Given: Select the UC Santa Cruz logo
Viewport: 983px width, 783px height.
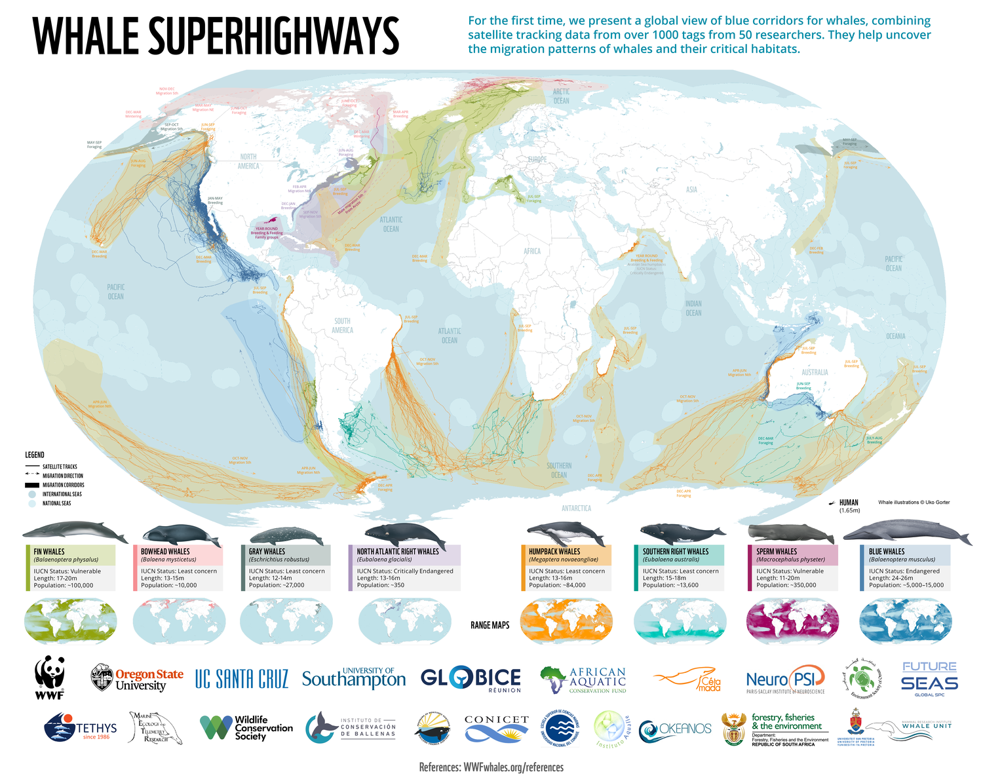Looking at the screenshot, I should (242, 679).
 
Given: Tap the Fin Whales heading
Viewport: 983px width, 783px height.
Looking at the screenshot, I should (50, 552).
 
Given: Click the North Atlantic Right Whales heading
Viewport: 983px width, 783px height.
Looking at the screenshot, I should (398, 552).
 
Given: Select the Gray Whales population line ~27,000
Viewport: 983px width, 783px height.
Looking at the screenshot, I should (277, 585).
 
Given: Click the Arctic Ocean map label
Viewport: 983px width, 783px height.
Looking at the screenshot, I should (561, 96).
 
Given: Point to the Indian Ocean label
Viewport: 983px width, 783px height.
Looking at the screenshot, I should (693, 308).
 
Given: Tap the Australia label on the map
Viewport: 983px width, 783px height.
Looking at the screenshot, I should (815, 372).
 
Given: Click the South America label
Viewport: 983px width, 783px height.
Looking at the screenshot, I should (342, 326).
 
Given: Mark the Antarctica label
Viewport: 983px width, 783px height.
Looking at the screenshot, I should (576, 508).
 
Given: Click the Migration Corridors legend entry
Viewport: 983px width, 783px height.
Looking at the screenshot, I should (63, 485).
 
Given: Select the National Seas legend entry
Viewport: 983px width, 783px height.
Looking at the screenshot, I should (56, 503).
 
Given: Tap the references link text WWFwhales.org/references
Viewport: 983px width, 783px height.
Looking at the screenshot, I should (513, 767).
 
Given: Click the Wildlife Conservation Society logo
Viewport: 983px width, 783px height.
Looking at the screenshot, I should (246, 728).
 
